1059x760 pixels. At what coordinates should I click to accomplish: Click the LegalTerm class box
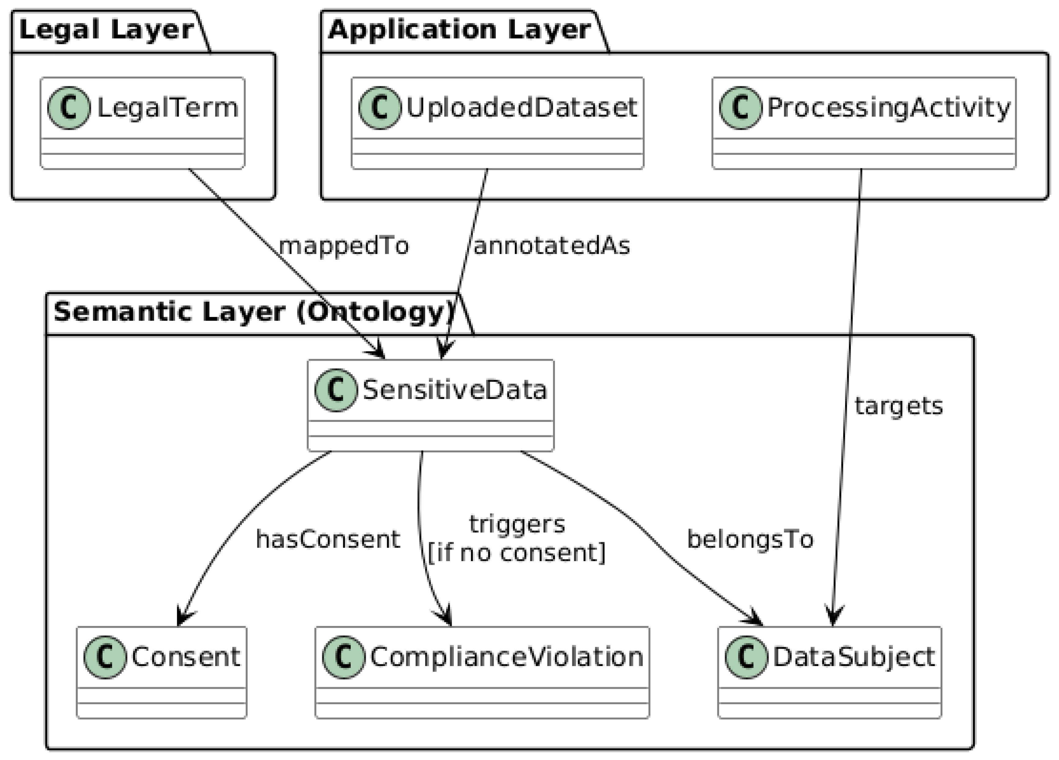click(x=142, y=123)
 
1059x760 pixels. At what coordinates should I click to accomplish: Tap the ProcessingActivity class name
click(x=888, y=108)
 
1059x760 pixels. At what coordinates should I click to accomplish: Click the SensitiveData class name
click(x=454, y=390)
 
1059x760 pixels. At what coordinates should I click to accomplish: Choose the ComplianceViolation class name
click(x=507, y=657)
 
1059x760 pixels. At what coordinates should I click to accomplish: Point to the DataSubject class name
click(x=854, y=657)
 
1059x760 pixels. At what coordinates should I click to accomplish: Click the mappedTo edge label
click(x=344, y=246)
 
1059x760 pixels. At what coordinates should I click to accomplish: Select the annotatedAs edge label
click(x=552, y=246)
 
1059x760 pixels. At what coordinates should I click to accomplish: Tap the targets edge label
click(x=898, y=406)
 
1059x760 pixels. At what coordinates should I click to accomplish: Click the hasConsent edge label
click(x=328, y=540)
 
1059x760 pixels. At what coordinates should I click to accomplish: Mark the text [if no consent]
click(x=516, y=553)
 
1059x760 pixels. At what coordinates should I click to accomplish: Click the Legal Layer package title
click(x=107, y=30)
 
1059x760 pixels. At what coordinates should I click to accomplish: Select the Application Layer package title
click(x=459, y=30)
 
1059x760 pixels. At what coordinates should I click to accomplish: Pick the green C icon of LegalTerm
click(x=69, y=108)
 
